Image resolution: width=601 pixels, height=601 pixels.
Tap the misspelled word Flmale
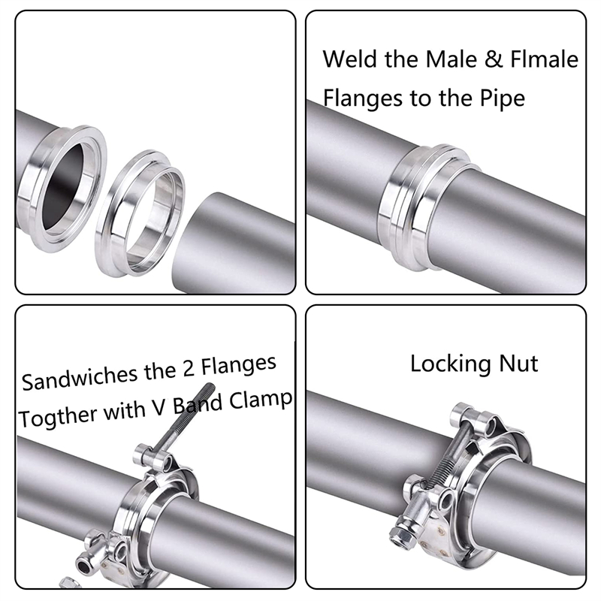[544, 59]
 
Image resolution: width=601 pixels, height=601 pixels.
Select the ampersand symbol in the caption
[494, 59]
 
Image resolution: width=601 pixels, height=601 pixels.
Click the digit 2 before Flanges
[187, 370]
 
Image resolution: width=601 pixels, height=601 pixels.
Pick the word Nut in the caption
[518, 363]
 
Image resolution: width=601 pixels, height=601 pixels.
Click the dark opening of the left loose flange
[63, 185]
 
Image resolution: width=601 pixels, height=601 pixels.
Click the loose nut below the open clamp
[70, 583]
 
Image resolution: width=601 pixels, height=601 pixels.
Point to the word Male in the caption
[450, 59]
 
